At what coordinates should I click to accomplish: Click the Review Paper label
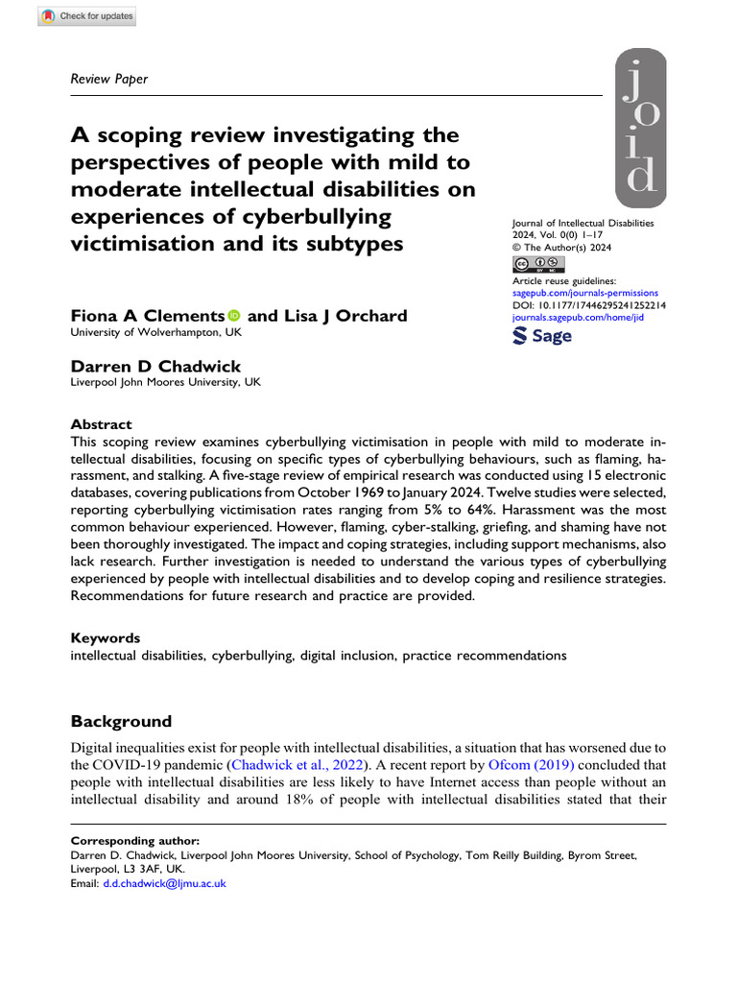tap(110, 79)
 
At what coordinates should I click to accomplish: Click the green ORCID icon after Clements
tap(234, 316)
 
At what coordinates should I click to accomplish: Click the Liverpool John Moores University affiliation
tap(165, 381)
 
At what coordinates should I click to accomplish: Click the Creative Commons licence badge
tap(538, 264)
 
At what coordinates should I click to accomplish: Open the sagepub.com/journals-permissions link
tap(585, 292)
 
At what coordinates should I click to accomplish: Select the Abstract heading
tap(102, 424)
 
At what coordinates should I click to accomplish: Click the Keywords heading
tap(106, 637)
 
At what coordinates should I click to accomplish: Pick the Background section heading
tap(122, 721)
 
